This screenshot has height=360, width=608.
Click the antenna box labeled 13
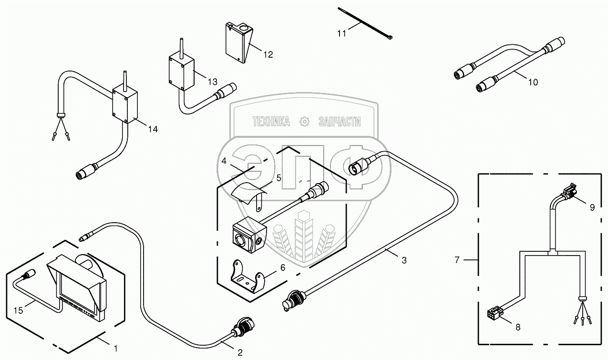tap(181, 72)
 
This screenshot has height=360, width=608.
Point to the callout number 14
tap(153, 129)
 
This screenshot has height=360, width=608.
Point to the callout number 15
tap(18, 311)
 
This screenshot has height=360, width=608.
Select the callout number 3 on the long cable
tap(404, 260)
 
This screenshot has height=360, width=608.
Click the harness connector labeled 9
tap(570, 194)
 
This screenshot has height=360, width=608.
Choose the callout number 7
tap(457, 260)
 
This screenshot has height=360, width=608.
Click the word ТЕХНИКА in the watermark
tap(271, 122)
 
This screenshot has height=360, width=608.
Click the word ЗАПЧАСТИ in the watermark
tap(339, 122)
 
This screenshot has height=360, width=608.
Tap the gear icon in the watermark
tap(304, 122)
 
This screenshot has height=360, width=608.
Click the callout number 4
tap(224, 161)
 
